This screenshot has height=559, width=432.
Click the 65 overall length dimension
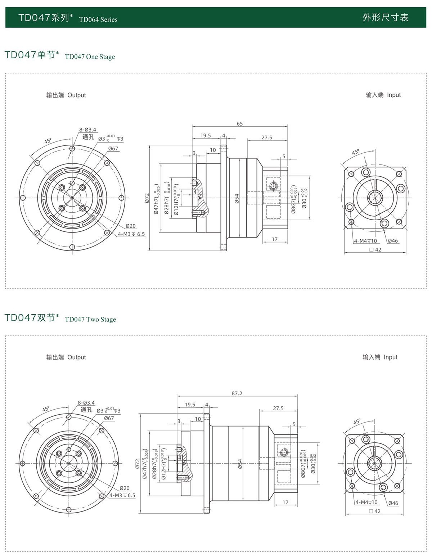click(x=240, y=124)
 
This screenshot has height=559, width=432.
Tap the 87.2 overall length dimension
click(x=237, y=393)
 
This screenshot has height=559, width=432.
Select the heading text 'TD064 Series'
click(x=98, y=20)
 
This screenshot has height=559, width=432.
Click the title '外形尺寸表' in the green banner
click(x=385, y=18)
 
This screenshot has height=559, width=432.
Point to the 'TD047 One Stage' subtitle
click(x=90, y=57)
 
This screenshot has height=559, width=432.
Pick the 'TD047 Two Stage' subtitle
click(x=90, y=320)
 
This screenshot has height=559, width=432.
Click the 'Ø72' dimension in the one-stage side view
click(x=147, y=198)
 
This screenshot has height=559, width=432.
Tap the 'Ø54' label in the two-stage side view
click(x=240, y=464)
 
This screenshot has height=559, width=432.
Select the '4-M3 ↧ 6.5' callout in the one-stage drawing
click(x=131, y=234)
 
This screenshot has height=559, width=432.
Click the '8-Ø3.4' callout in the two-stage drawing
click(x=86, y=403)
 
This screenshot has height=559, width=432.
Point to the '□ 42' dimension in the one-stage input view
click(x=375, y=249)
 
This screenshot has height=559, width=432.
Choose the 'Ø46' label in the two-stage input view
click(x=393, y=503)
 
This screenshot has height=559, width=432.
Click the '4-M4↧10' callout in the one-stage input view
click(x=365, y=241)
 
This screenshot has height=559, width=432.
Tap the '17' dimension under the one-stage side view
click(x=275, y=239)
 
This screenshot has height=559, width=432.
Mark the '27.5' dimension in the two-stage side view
click(x=278, y=408)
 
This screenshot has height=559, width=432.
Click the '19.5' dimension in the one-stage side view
click(x=206, y=136)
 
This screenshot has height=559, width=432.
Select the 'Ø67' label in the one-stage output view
click(x=113, y=149)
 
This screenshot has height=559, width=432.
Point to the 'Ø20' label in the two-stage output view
click(x=125, y=488)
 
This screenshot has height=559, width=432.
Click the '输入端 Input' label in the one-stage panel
click(x=383, y=95)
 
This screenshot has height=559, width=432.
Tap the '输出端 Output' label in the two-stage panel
click(x=66, y=357)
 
